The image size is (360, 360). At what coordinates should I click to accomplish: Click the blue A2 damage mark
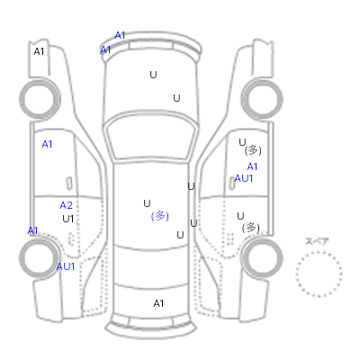(x=67, y=205)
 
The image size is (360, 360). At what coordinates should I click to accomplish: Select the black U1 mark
(x=68, y=219)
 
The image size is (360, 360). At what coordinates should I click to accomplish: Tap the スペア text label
(x=317, y=241)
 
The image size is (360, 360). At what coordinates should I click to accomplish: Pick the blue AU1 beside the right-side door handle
(x=244, y=178)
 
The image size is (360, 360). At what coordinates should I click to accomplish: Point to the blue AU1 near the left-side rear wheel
(x=66, y=266)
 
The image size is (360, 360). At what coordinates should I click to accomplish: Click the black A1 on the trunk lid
(x=158, y=303)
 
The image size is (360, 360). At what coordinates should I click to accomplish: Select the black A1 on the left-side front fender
(x=39, y=51)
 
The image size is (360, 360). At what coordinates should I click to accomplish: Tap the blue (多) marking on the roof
(x=160, y=216)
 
